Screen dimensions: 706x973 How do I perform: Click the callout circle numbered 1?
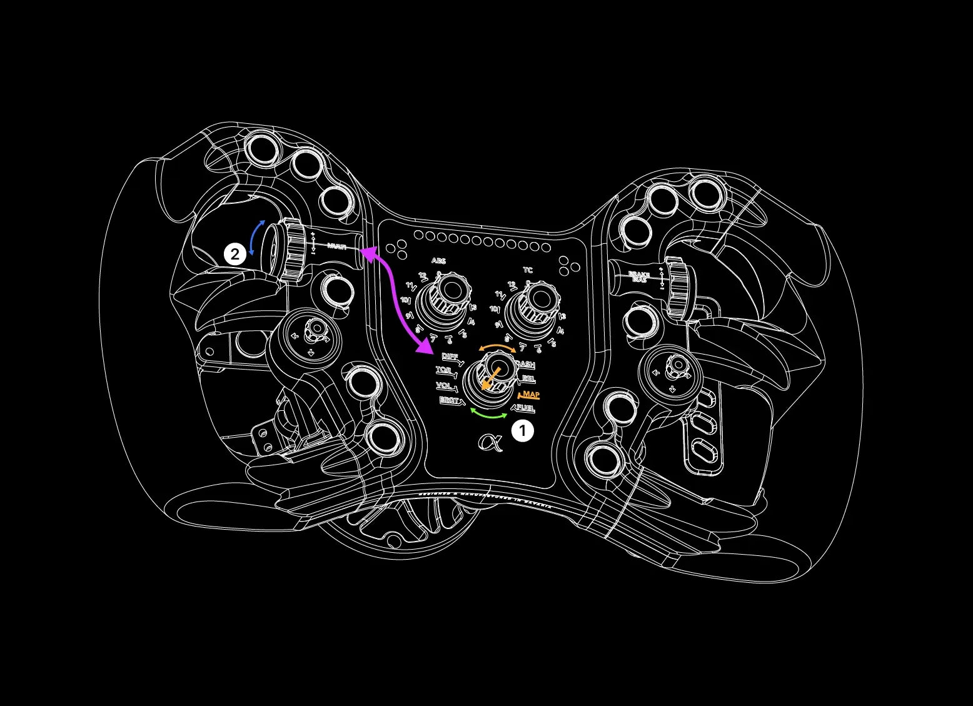[x=523, y=431]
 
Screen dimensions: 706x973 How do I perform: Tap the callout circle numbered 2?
[x=235, y=255]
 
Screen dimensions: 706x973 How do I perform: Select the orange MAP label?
[x=530, y=395]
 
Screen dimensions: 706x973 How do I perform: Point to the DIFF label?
[x=450, y=356]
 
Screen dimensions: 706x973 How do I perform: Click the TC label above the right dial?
[x=528, y=270]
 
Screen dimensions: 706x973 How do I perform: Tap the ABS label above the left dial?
[x=438, y=261]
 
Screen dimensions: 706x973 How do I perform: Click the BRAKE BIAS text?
[x=639, y=277]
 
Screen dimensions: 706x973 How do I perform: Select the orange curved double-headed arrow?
[x=497, y=346]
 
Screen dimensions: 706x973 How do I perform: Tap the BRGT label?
[x=449, y=400]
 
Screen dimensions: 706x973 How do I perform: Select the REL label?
[x=528, y=379]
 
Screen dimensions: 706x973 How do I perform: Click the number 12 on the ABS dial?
[x=423, y=276]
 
